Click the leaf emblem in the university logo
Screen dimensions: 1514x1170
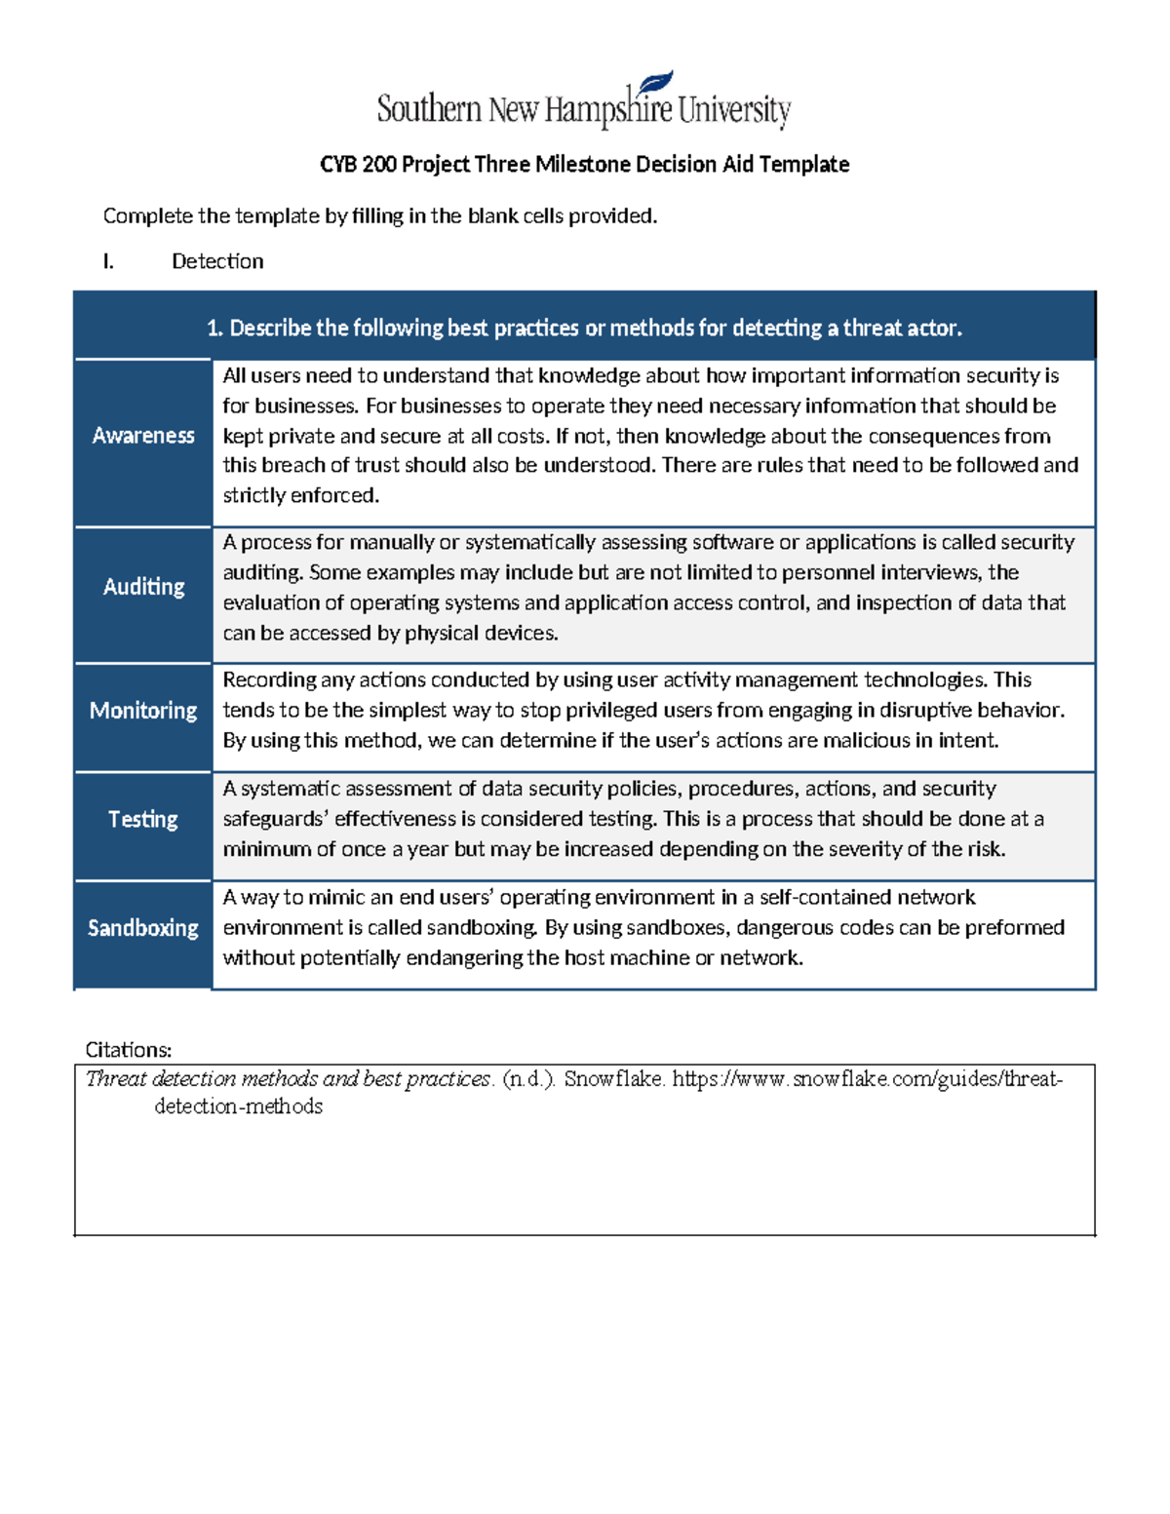coord(655,83)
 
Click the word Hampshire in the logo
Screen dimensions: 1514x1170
coord(608,109)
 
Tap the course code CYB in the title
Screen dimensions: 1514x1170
coord(338,164)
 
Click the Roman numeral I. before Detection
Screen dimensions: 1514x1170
coord(108,261)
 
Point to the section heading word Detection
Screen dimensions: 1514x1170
coord(217,261)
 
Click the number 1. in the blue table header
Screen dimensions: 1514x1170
coord(214,329)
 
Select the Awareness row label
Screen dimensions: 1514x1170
coord(143,436)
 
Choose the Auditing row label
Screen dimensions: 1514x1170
coord(143,586)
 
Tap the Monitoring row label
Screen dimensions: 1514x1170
coord(143,710)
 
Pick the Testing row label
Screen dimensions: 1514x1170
coord(143,819)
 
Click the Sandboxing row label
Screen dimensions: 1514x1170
coord(143,927)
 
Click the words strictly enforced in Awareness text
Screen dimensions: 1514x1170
coord(300,495)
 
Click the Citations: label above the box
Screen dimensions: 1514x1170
coord(129,1050)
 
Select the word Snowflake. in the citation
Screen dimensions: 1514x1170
coord(614,1078)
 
